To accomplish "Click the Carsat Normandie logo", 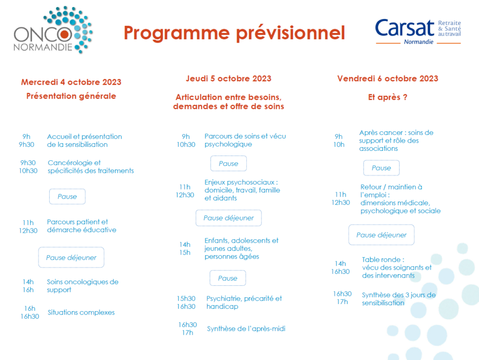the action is pyautogui.click(x=418, y=32).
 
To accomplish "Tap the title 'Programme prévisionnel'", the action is pyautogui.click(x=234, y=33).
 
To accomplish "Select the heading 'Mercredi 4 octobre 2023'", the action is pyautogui.click(x=71, y=82).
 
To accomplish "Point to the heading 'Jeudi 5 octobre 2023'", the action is pyautogui.click(x=228, y=79).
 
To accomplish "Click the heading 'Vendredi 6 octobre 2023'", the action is pyautogui.click(x=388, y=79).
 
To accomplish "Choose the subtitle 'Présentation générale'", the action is pyautogui.click(x=71, y=96).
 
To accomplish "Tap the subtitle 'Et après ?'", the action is pyautogui.click(x=388, y=97).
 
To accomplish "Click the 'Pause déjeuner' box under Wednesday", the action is pyautogui.click(x=71, y=258).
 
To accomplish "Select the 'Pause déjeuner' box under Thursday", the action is pyautogui.click(x=228, y=218).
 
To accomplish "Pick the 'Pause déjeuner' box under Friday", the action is pyautogui.click(x=381, y=235).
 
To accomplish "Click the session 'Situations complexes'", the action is pyautogui.click(x=81, y=312).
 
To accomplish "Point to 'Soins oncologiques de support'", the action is pyautogui.click(x=82, y=286).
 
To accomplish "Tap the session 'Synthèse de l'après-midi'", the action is pyautogui.click(x=246, y=328).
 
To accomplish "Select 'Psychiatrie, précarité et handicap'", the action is pyautogui.click(x=244, y=302).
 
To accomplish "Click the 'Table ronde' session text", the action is pyautogui.click(x=397, y=268).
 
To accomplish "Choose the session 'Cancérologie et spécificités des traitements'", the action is pyautogui.click(x=91, y=167).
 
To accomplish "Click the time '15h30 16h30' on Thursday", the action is pyautogui.click(x=186, y=302).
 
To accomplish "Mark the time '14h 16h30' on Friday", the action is pyautogui.click(x=340, y=268).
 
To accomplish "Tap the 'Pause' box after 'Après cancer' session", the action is pyautogui.click(x=381, y=168).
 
